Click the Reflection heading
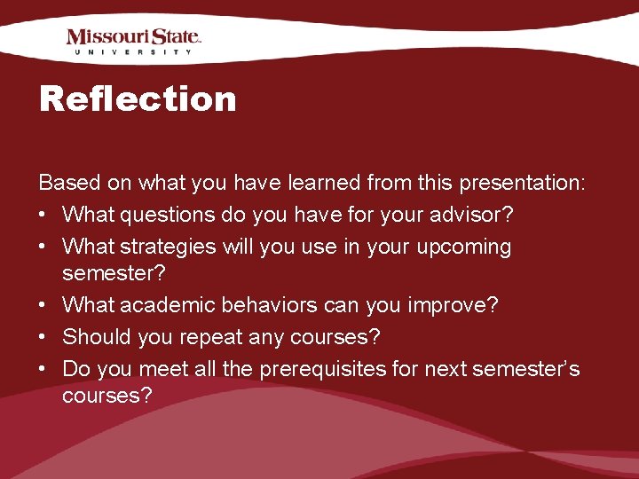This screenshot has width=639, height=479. pos(138,98)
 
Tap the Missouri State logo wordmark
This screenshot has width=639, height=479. pos(133,37)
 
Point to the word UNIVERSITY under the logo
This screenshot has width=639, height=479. pos(133,52)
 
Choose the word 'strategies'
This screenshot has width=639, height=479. pos(172,246)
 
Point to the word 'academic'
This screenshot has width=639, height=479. pos(160,306)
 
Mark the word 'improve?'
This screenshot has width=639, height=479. pos(453,306)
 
